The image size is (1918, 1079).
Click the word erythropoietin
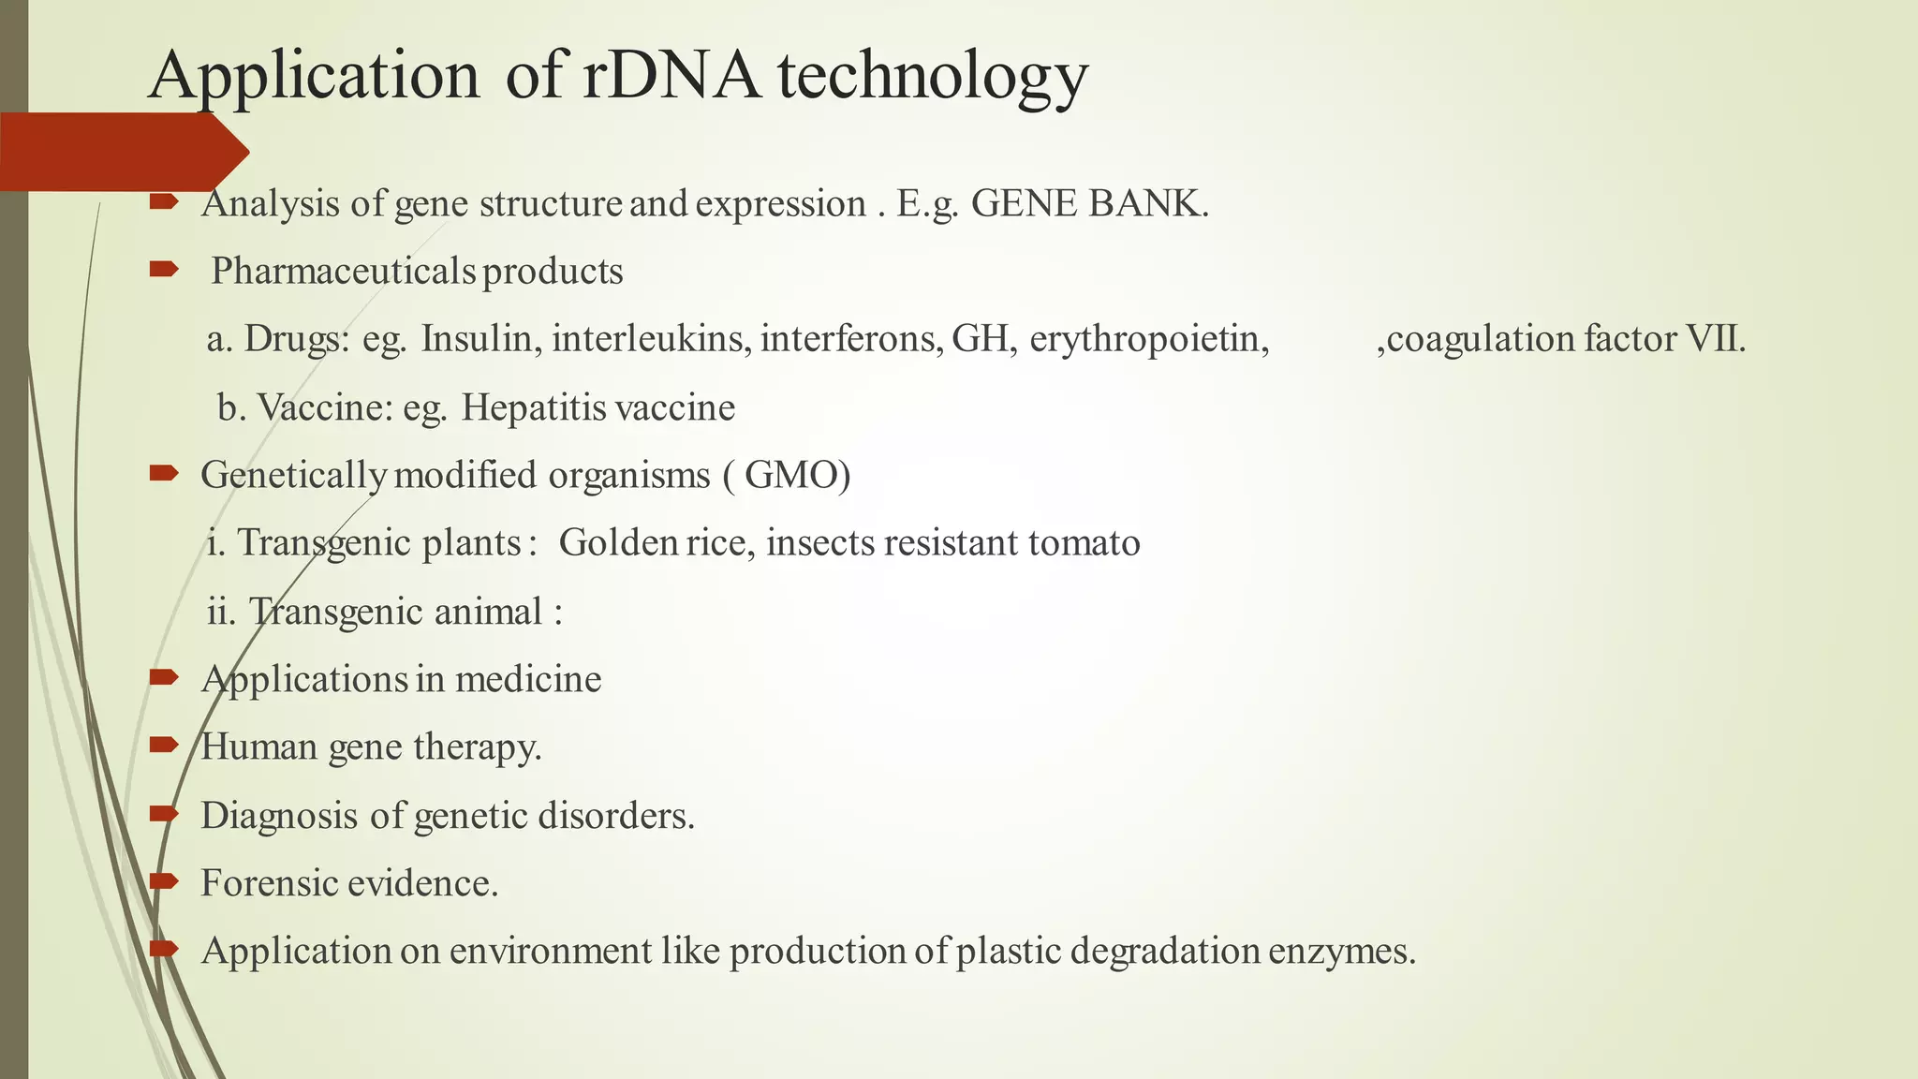click(1148, 339)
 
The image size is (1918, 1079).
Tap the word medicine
click(528, 679)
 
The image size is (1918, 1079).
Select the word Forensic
click(269, 883)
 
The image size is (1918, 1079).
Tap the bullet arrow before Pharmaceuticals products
click(164, 271)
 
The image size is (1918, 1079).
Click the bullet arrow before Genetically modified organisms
click(164, 474)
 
